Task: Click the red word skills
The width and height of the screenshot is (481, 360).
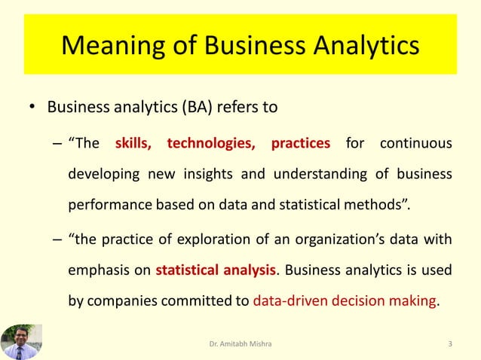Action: click(x=133, y=143)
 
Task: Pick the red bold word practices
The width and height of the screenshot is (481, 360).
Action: click(x=300, y=143)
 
